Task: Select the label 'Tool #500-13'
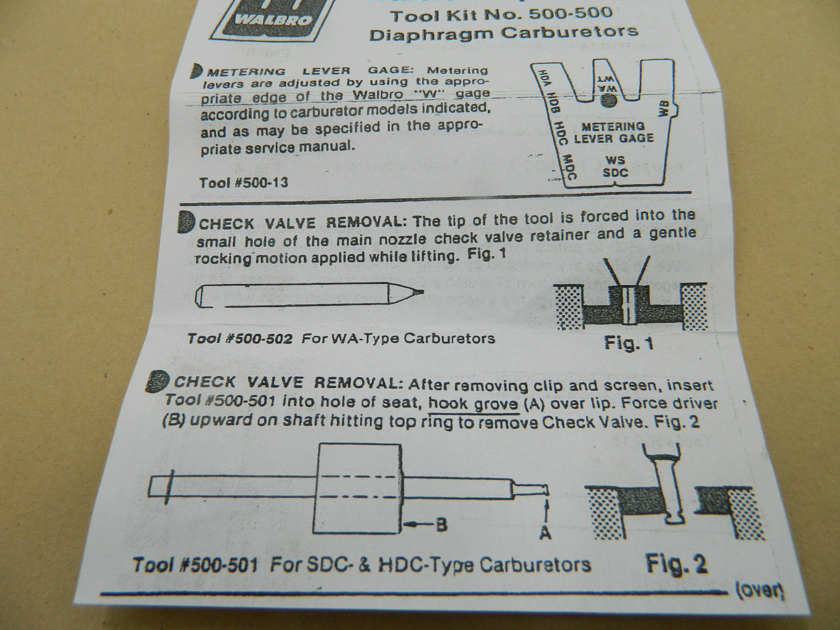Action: (244, 183)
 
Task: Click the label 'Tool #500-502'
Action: (240, 339)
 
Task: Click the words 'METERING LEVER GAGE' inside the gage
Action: (613, 132)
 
